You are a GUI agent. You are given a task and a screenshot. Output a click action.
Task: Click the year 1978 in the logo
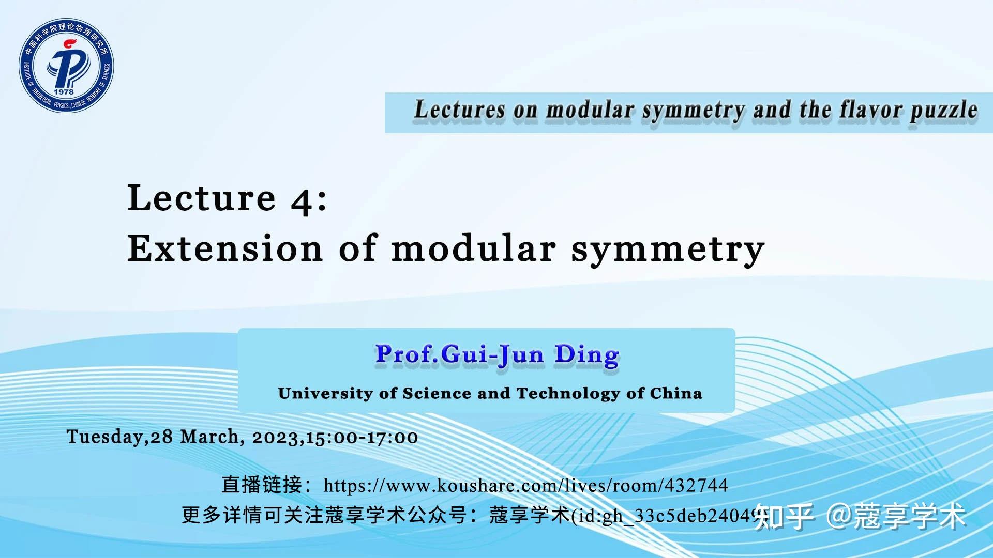pos(64,91)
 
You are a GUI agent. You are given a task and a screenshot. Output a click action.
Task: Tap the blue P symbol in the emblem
pos(66,64)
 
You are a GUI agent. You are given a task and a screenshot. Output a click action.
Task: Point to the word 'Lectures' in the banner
pos(459,111)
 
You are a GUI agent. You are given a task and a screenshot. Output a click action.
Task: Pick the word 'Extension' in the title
pos(225,249)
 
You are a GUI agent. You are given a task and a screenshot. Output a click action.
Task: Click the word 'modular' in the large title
pos(473,249)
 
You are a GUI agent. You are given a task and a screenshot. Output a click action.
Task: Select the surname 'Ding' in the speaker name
pos(586,355)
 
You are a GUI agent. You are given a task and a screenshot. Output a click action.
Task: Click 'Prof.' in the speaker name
pos(407,355)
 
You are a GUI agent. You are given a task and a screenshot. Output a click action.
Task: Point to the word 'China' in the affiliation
pos(676,394)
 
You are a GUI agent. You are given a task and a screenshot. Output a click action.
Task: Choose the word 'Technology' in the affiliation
pos(568,394)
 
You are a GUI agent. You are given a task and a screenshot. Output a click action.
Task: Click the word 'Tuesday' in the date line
pos(104,437)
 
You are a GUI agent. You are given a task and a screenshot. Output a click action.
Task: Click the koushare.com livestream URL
pos(525,486)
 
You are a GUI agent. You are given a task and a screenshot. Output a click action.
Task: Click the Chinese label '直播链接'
pos(261,485)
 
